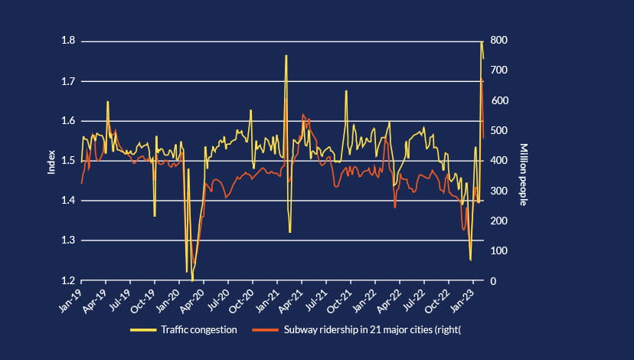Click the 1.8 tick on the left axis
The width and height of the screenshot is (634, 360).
click(x=67, y=41)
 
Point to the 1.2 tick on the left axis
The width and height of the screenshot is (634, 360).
click(x=67, y=281)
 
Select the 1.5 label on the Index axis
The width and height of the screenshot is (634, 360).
click(x=67, y=161)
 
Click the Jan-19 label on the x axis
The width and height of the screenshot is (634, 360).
click(x=71, y=296)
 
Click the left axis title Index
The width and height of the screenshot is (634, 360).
click(x=52, y=161)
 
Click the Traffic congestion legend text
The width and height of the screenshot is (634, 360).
click(x=199, y=330)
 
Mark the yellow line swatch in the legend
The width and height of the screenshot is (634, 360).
click(x=142, y=330)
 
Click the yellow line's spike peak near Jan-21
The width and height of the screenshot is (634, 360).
click(x=286, y=56)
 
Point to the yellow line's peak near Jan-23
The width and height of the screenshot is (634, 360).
click(x=482, y=41)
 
